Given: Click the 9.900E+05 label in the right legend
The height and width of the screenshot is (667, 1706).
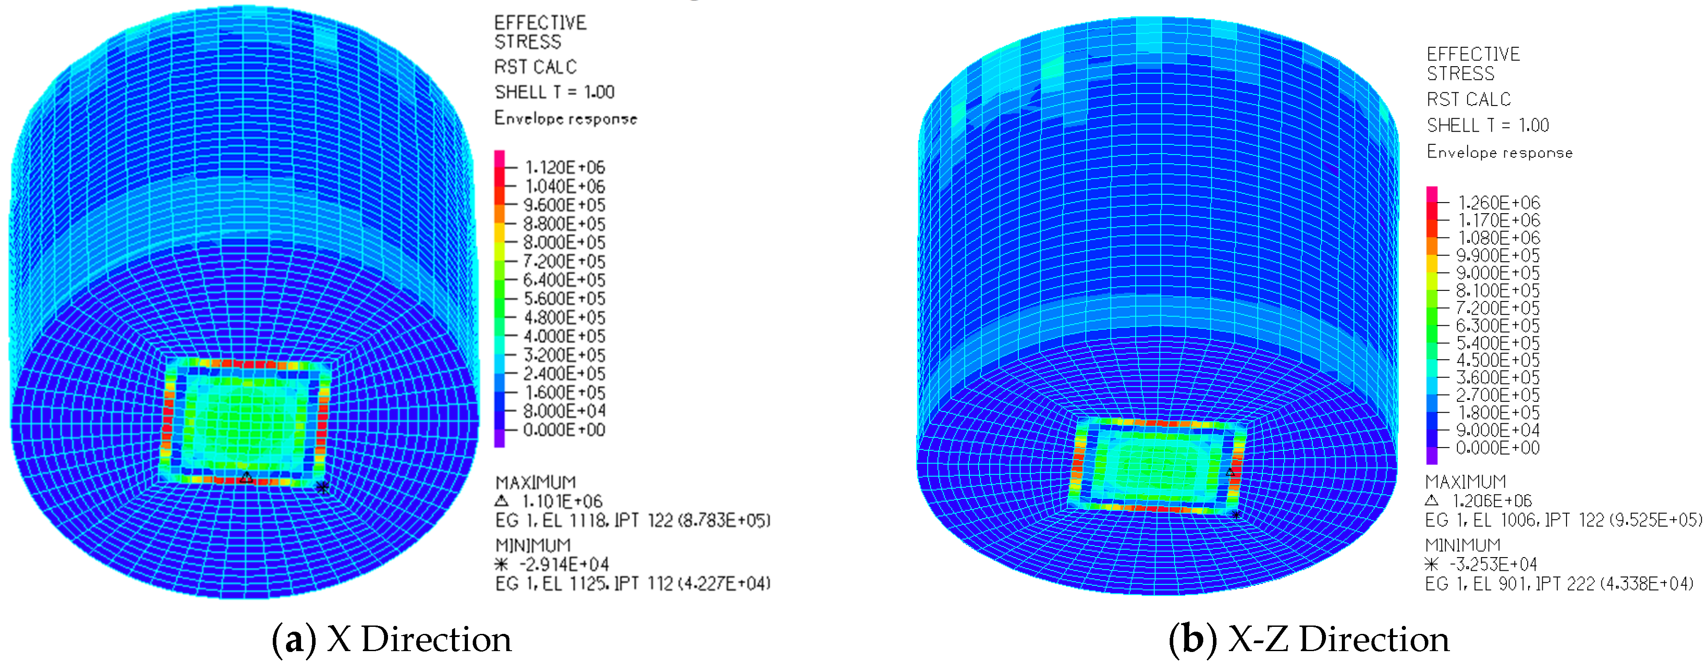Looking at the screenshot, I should [x=1498, y=256].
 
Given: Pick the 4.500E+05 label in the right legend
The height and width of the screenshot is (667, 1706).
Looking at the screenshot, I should [x=1498, y=360].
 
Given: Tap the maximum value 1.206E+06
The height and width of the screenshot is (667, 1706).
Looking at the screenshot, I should [x=1492, y=501].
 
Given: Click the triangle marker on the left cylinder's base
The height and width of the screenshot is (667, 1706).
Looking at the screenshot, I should [x=246, y=477].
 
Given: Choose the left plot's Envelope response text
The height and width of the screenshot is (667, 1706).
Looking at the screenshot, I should [x=565, y=119].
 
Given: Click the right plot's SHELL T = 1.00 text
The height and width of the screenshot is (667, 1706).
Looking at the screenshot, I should [x=1488, y=125].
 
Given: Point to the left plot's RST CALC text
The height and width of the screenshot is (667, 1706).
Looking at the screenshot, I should [x=535, y=67].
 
